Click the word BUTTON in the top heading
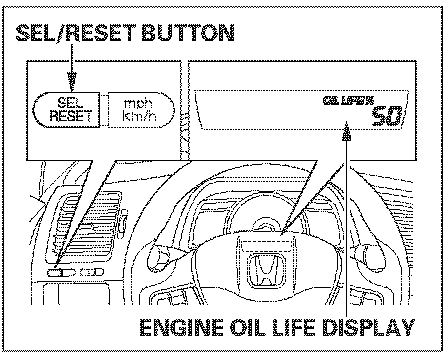[188, 33]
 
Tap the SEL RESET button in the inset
[66, 109]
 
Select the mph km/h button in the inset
[141, 109]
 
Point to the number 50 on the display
[387, 116]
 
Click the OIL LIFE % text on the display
[348, 100]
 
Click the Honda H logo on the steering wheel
[266, 270]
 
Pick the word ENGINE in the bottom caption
[181, 328]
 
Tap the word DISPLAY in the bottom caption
[368, 328]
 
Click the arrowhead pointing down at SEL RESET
[72, 82]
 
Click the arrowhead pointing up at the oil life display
[347, 131]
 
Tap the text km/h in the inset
[140, 116]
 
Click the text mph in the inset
[138, 103]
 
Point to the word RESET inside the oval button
[71, 116]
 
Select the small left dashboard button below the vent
[62, 272]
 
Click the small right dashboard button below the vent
[92, 272]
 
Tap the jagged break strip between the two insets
[185, 111]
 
